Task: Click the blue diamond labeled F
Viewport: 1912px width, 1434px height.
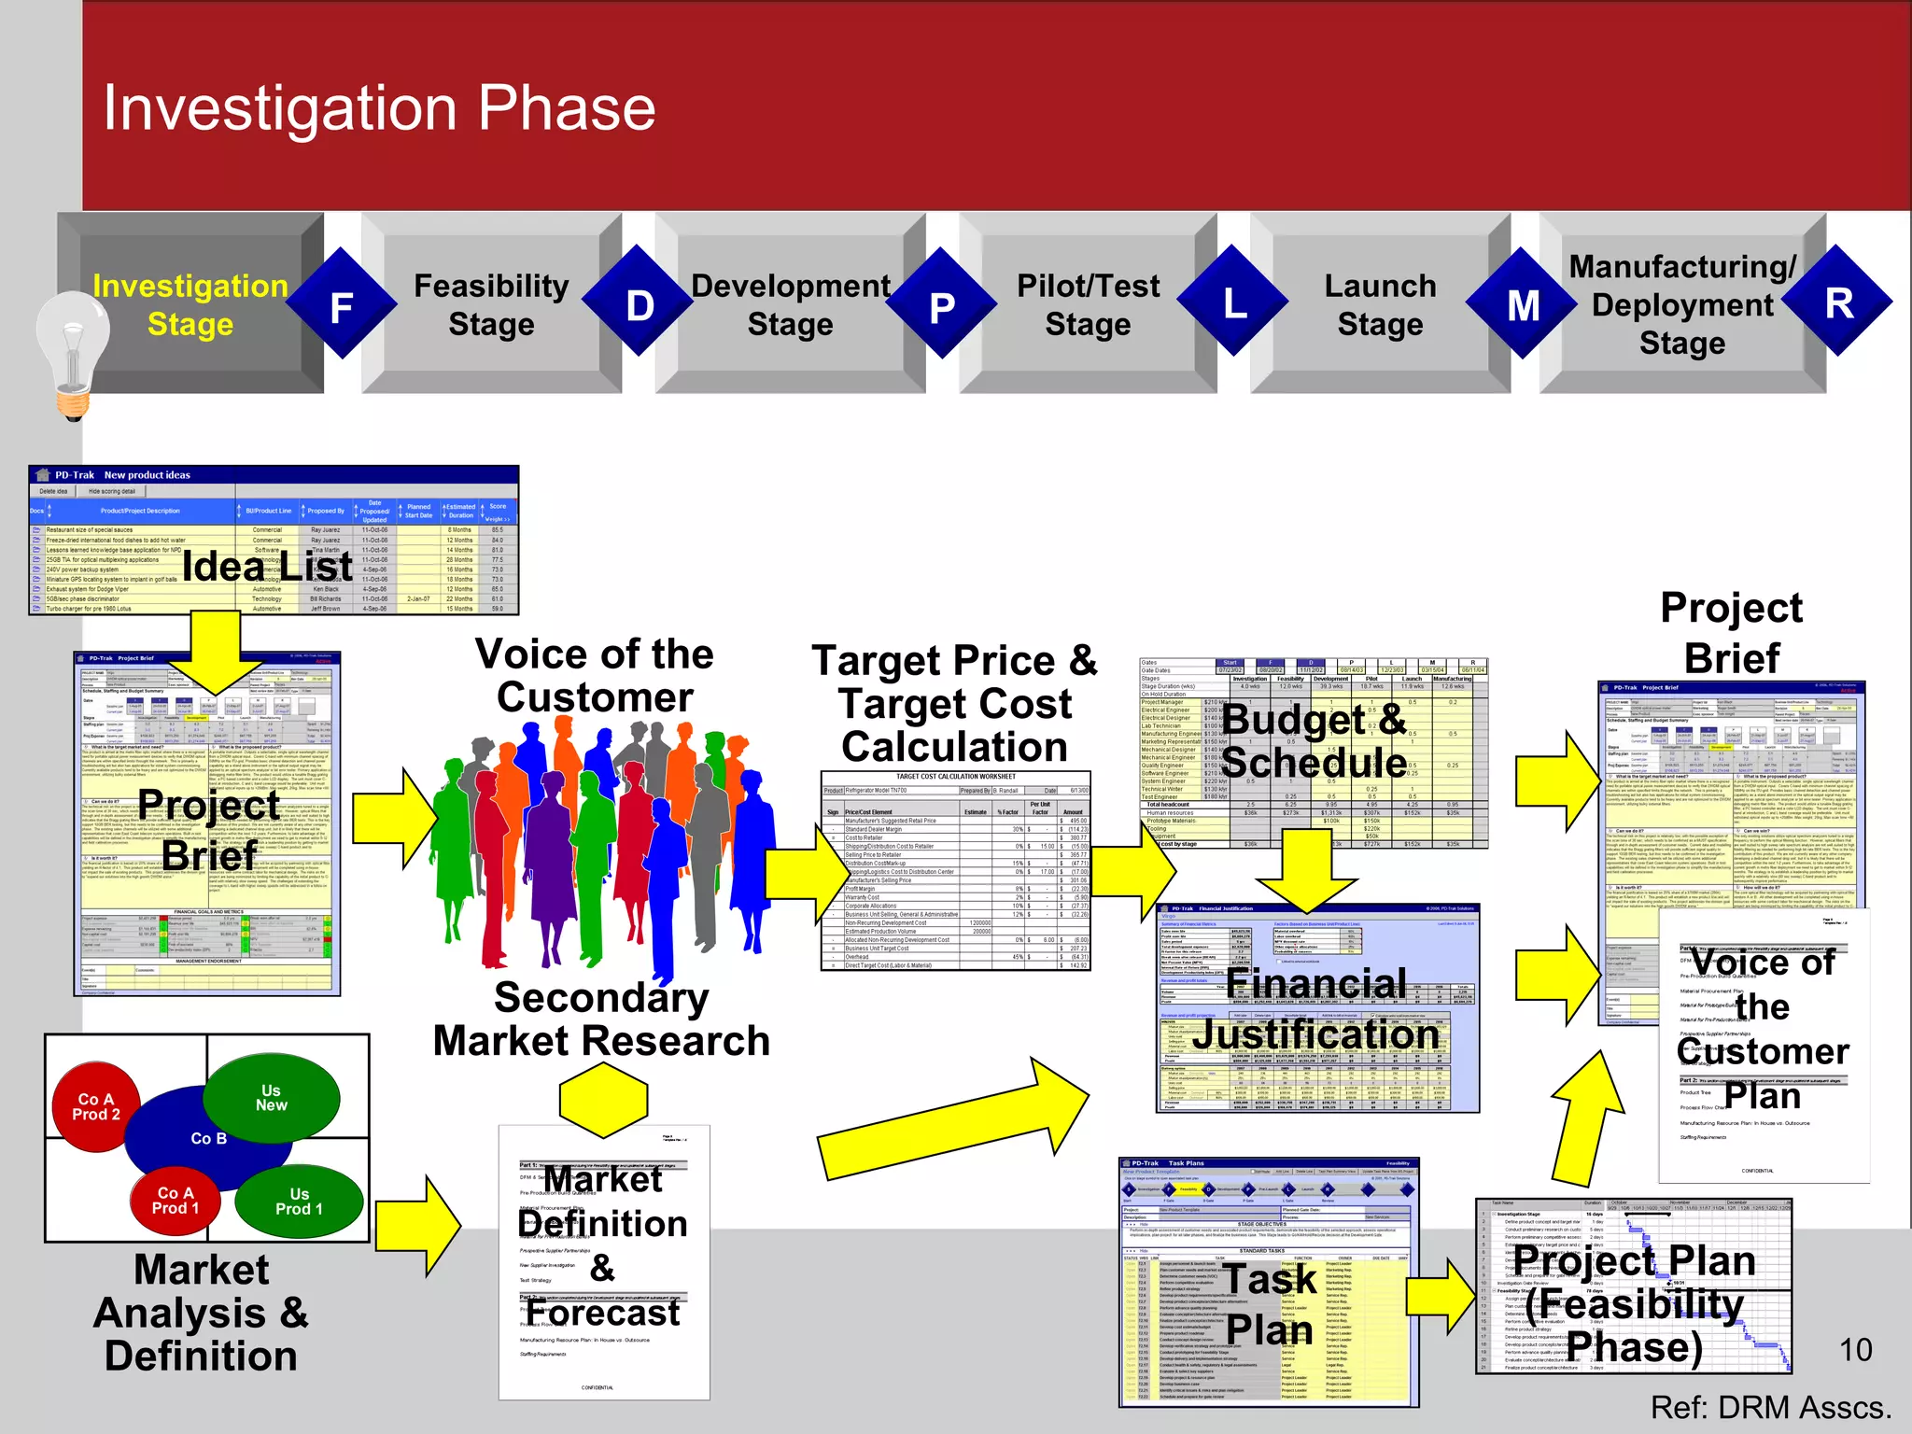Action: (x=342, y=304)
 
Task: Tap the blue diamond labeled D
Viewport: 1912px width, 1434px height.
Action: (x=640, y=303)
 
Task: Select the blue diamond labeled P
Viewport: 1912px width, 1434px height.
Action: (x=941, y=304)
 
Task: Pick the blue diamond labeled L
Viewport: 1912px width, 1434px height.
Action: (x=1234, y=302)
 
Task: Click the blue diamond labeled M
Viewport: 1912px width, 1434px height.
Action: (x=1522, y=304)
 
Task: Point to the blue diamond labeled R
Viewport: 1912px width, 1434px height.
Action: (x=1837, y=302)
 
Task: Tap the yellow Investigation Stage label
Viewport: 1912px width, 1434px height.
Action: (x=190, y=304)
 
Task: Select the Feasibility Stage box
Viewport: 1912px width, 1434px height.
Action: (x=491, y=304)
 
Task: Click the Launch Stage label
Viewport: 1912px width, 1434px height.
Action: (x=1380, y=304)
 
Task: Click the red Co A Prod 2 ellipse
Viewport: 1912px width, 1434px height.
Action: (x=96, y=1107)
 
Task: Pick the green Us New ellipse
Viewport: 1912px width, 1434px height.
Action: (x=272, y=1098)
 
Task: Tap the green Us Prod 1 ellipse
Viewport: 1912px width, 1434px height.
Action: (x=299, y=1202)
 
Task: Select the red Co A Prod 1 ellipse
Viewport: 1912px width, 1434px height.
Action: (x=176, y=1201)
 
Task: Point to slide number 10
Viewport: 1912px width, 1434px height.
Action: (x=1855, y=1349)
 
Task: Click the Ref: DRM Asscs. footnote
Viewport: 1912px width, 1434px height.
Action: (x=1770, y=1407)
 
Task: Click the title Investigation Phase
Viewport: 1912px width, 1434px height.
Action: (x=379, y=108)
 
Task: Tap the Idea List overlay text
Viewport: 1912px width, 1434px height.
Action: (x=267, y=566)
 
